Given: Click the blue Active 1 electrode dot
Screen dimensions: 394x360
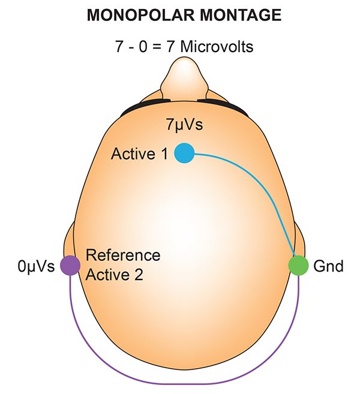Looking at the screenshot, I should click(x=184, y=153).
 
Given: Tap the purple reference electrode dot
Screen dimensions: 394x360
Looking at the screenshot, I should click(x=70, y=264).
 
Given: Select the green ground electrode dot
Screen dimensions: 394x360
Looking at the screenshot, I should click(x=298, y=264).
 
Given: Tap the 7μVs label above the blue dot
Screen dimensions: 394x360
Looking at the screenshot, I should click(x=184, y=125).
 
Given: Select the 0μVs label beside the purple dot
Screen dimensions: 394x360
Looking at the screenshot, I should click(x=36, y=265).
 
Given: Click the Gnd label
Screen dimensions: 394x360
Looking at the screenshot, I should click(x=328, y=265).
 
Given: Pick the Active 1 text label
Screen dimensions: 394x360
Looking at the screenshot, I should click(x=140, y=154).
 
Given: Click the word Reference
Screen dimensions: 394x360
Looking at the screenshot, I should click(x=124, y=255).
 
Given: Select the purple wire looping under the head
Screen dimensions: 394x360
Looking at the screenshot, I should click(x=180, y=382).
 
